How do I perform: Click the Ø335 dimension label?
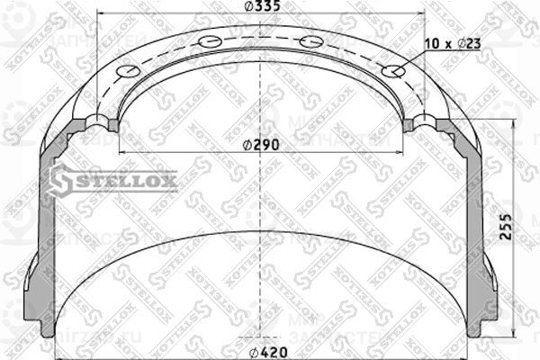261,9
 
